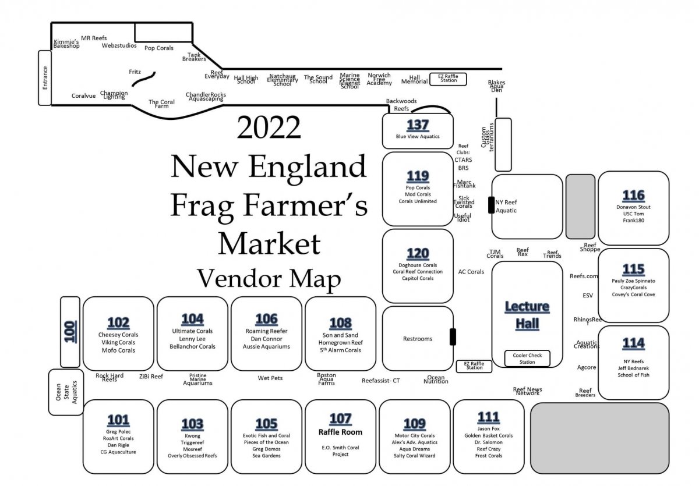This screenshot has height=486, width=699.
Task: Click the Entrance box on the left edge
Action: tap(45, 78)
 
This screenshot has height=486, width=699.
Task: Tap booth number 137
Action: tap(418, 125)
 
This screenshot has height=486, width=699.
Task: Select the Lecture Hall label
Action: tap(527, 315)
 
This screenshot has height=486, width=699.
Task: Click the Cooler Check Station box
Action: tap(527, 359)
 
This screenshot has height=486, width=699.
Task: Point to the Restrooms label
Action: tap(418, 339)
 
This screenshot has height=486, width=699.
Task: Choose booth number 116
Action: tap(633, 195)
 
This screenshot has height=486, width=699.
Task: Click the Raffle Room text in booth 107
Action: tap(340, 432)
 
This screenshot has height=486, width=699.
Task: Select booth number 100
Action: tap(70, 332)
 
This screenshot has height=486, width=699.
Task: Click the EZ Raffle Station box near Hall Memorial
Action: tap(448, 79)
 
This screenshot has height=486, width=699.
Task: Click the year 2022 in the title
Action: tap(269, 127)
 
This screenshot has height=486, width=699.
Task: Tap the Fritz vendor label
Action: tap(135, 72)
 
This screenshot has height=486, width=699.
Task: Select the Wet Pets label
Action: tap(270, 378)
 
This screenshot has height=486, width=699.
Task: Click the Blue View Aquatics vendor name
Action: tap(418, 137)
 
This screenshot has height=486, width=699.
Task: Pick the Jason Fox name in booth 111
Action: tap(488, 428)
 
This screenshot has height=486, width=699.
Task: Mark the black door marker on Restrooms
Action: tap(453, 337)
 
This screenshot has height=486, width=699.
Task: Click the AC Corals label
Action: tap(471, 272)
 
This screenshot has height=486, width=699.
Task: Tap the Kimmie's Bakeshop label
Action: tap(66, 44)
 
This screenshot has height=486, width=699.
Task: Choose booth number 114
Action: tap(633, 343)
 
